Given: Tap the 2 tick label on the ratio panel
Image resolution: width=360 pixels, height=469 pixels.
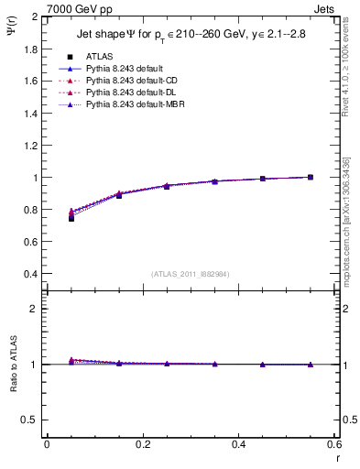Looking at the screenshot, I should point(36,309).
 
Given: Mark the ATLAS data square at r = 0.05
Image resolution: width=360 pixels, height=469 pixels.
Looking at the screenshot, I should point(71,218).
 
